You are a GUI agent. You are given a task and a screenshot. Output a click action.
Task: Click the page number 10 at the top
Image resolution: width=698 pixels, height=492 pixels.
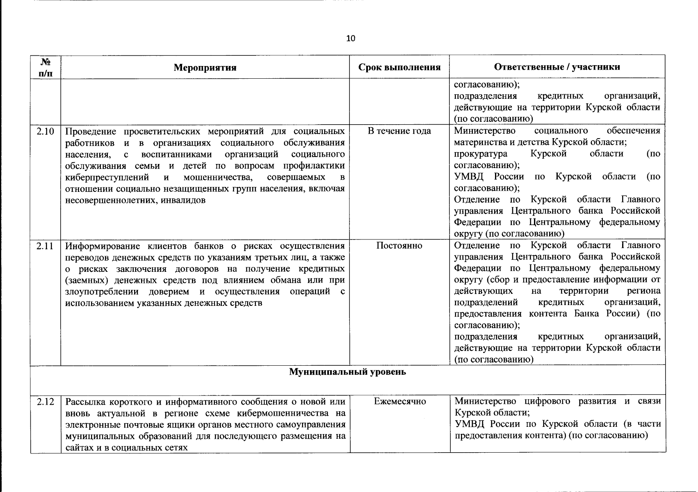pyautogui.click(x=351, y=39)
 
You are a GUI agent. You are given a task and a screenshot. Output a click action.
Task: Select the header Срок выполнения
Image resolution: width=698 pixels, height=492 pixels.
pyautogui.click(x=399, y=67)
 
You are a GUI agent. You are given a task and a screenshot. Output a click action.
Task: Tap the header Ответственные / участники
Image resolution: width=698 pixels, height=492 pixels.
pyautogui.click(x=557, y=67)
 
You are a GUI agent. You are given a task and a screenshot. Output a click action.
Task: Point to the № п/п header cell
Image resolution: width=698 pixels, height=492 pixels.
pyautogui.click(x=46, y=67)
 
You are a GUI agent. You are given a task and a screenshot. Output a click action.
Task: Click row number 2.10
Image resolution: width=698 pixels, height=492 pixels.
pyautogui.click(x=45, y=132)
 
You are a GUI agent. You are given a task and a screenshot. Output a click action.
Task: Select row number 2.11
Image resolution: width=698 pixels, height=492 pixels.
pyautogui.click(x=45, y=246)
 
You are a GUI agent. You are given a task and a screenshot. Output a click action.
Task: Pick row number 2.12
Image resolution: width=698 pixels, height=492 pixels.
pyautogui.click(x=45, y=402)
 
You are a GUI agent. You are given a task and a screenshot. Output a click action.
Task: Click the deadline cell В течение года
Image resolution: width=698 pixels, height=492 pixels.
pyautogui.click(x=399, y=131)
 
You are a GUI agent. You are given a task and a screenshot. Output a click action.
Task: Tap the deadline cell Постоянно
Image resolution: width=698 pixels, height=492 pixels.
pyautogui.click(x=399, y=246)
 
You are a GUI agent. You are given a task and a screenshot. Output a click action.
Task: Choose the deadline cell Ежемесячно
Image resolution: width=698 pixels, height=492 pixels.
pyautogui.click(x=400, y=401)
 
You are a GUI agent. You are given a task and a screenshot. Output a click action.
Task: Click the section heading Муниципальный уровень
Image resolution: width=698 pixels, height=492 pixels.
pyautogui.click(x=348, y=372)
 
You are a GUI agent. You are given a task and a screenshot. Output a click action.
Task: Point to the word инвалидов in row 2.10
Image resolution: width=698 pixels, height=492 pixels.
pyautogui.click(x=183, y=200)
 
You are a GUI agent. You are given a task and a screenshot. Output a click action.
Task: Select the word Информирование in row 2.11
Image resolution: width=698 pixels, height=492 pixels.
pyautogui.click(x=100, y=246)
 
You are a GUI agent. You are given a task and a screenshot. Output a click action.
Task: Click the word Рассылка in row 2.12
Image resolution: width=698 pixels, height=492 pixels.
pyautogui.click(x=84, y=401)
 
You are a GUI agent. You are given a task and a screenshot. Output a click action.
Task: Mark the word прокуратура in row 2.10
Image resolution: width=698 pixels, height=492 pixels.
pyautogui.click(x=480, y=154)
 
